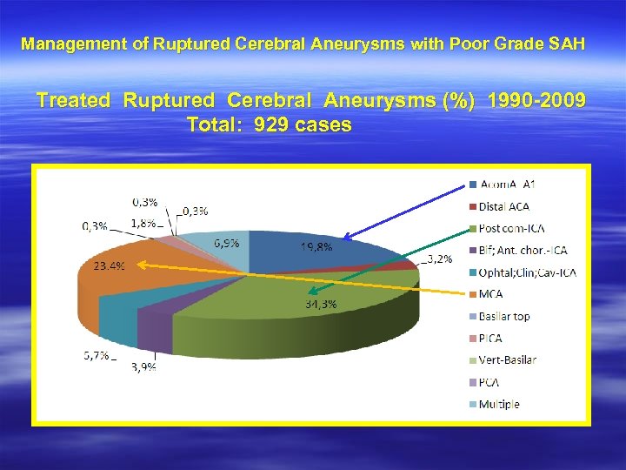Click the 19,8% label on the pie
(x=316, y=246)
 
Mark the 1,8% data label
(x=144, y=223)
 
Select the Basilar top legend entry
(x=503, y=316)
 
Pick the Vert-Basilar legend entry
(x=507, y=359)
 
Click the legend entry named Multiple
(x=498, y=404)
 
